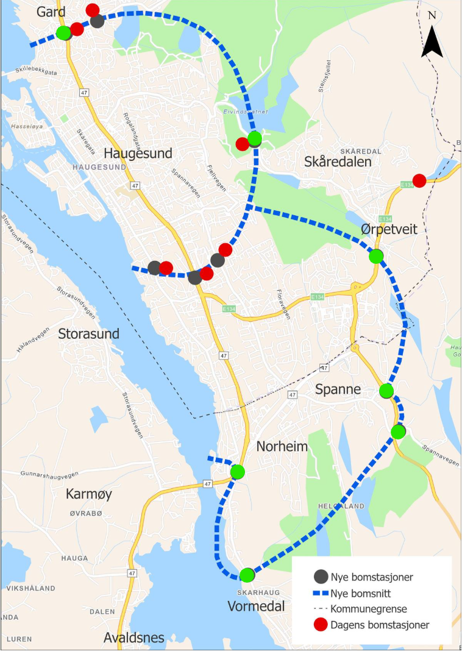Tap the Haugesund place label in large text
[138, 153]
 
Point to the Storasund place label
[89, 334]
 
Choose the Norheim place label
[282, 447]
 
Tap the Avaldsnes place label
[133, 638]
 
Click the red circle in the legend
[321, 624]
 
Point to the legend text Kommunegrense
[368, 608]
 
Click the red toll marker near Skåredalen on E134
[419, 180]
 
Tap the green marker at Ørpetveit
[376, 256]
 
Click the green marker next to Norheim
[238, 472]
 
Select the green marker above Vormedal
[247, 575]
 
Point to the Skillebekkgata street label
[37, 73]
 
